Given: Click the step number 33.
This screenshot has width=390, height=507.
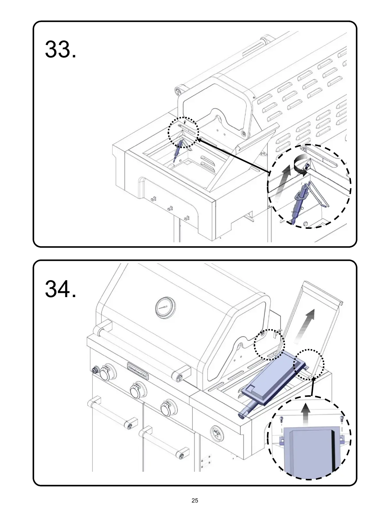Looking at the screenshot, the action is coord(60,50).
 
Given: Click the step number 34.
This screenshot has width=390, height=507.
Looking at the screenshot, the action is coord(60,289).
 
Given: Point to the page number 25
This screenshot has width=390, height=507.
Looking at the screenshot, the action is coord(195,500).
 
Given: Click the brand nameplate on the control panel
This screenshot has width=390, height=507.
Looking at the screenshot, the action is coord(138,370).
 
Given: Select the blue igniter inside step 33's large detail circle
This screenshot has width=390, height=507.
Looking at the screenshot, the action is coord(301,200).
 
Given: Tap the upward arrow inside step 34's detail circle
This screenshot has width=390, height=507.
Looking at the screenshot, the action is coord(306,414).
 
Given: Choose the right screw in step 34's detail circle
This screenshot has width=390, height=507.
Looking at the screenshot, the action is coord(342,419).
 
